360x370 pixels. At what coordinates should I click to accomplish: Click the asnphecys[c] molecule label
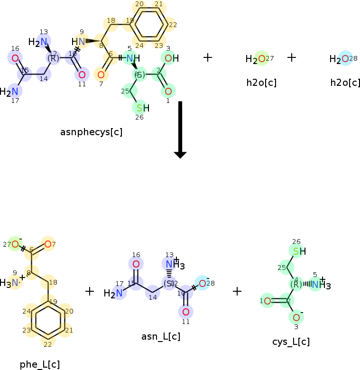tap(91, 132)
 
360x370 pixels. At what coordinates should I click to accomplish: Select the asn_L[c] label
tap(161, 337)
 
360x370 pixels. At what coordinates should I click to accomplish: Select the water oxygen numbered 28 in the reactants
tap(345, 59)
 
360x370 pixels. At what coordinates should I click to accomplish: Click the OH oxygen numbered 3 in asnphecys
tap(168, 58)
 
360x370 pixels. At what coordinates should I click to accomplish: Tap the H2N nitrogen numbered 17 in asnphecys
tap(15, 91)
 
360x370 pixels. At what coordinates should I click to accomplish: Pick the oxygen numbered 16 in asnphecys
tap(15, 58)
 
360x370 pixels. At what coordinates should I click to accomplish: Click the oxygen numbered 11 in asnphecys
tap(82, 74)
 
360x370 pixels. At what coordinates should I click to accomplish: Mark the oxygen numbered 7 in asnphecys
tap(101, 74)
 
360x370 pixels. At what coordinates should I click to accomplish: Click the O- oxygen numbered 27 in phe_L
tap(15, 244)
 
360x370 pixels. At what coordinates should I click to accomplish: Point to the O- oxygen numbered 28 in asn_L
tap(202, 283)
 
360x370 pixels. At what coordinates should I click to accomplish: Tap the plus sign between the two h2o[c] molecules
tap(292, 57)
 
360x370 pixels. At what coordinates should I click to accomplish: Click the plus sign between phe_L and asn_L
tap(90, 291)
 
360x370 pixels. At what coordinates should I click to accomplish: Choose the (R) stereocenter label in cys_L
tap(296, 284)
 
